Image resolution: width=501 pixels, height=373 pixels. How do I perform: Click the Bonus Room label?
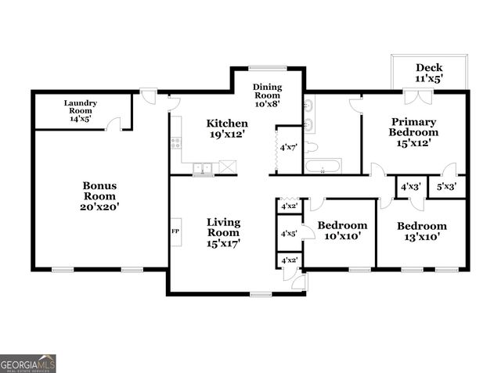point(100,196)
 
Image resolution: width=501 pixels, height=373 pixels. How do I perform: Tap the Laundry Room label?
point(79,111)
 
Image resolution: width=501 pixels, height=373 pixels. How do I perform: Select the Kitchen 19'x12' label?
point(227,129)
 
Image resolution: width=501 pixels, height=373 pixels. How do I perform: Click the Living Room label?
point(223,233)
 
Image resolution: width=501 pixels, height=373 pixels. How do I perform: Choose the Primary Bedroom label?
point(414,132)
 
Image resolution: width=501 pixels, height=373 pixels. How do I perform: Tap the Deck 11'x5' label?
point(429,73)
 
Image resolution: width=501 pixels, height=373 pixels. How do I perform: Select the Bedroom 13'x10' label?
point(421,231)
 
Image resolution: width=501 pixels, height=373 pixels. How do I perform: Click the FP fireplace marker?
point(175,231)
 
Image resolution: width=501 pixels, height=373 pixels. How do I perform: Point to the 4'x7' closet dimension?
point(287,147)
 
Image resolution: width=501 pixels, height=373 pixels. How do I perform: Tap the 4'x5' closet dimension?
point(288,233)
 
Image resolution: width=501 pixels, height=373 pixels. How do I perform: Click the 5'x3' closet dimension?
point(446,188)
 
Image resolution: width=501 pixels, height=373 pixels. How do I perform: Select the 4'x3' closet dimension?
point(409,188)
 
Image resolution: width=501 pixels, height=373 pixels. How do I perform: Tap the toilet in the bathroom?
point(311,146)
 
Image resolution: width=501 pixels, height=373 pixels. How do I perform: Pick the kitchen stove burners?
point(176,143)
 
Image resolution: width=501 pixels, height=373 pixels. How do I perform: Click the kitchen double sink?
point(203,167)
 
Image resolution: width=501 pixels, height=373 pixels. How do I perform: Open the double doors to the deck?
point(424,97)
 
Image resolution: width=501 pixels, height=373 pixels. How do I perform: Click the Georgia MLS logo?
point(28,364)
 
